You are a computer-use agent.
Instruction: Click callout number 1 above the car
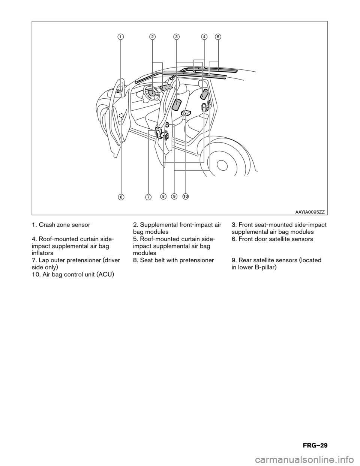[120, 36]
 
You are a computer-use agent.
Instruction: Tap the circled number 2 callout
[152, 36]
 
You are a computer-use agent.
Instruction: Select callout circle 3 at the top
[176, 36]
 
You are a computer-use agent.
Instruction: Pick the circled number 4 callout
[204, 36]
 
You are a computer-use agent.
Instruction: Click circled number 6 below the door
[121, 197]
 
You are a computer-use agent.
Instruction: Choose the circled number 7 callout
[148, 197]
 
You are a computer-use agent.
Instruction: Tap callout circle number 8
[163, 196]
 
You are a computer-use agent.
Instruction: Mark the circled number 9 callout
[174, 196]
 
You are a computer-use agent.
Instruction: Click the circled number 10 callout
[186, 196]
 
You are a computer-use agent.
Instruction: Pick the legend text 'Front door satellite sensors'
[275, 239]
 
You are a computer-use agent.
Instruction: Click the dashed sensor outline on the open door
[121, 116]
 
